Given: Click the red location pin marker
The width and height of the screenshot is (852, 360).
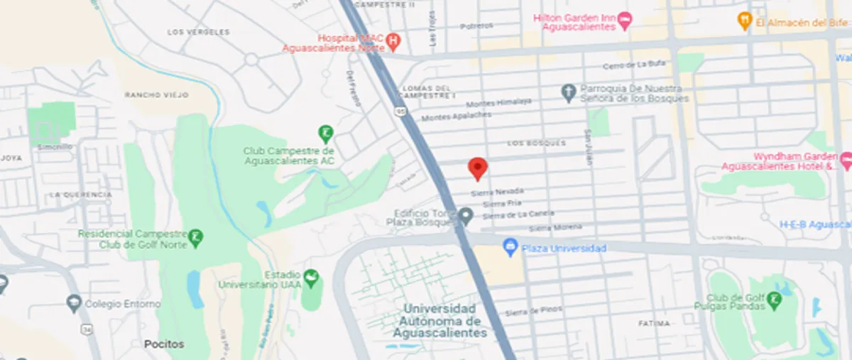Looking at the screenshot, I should coord(478,168).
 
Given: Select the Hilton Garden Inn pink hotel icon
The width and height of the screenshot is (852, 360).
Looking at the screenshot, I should coord(625,21).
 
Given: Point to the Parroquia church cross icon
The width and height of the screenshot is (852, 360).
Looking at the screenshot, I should coord(567,92).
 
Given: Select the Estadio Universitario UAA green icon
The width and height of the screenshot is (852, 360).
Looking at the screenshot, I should coord(310,277).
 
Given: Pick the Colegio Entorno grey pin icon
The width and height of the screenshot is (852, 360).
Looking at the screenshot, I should coord(72,304).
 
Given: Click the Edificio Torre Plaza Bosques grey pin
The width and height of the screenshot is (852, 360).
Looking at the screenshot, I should coord(466,215).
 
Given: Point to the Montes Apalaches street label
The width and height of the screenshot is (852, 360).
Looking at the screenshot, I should coord(456,115).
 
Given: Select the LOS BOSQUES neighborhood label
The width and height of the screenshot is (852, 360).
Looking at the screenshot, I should coord(536,143).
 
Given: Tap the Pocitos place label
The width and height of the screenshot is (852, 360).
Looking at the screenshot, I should coord(164,344).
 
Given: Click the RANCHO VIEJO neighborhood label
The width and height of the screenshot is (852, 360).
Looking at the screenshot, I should coord(148,95).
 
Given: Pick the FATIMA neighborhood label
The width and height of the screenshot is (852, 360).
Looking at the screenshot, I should coord(653,323).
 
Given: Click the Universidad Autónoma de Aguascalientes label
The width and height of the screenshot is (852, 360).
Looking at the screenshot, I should coord(440,320).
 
